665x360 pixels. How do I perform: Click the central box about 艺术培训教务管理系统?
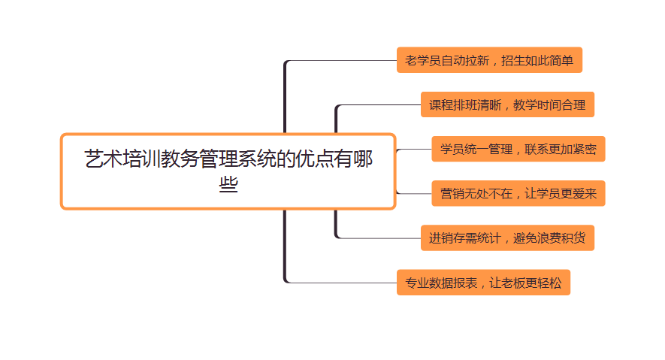click(228, 171)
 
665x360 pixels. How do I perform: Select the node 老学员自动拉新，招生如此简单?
click(489, 60)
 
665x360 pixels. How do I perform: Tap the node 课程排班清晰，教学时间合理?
click(507, 104)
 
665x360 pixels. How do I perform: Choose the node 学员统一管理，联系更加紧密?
click(518, 149)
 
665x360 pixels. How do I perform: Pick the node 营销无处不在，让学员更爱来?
click(518, 193)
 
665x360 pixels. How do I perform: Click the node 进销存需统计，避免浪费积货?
click(507, 238)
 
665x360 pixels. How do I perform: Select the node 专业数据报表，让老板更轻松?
click(483, 283)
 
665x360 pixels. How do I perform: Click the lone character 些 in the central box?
click(228, 184)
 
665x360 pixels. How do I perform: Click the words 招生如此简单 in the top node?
click(537, 60)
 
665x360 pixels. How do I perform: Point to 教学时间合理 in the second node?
click(549, 104)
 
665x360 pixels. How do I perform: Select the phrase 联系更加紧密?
click(561, 149)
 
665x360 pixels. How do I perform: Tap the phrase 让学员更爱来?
click(561, 193)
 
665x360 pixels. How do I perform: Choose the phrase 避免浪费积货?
click(549, 238)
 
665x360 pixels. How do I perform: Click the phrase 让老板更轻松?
click(525, 283)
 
